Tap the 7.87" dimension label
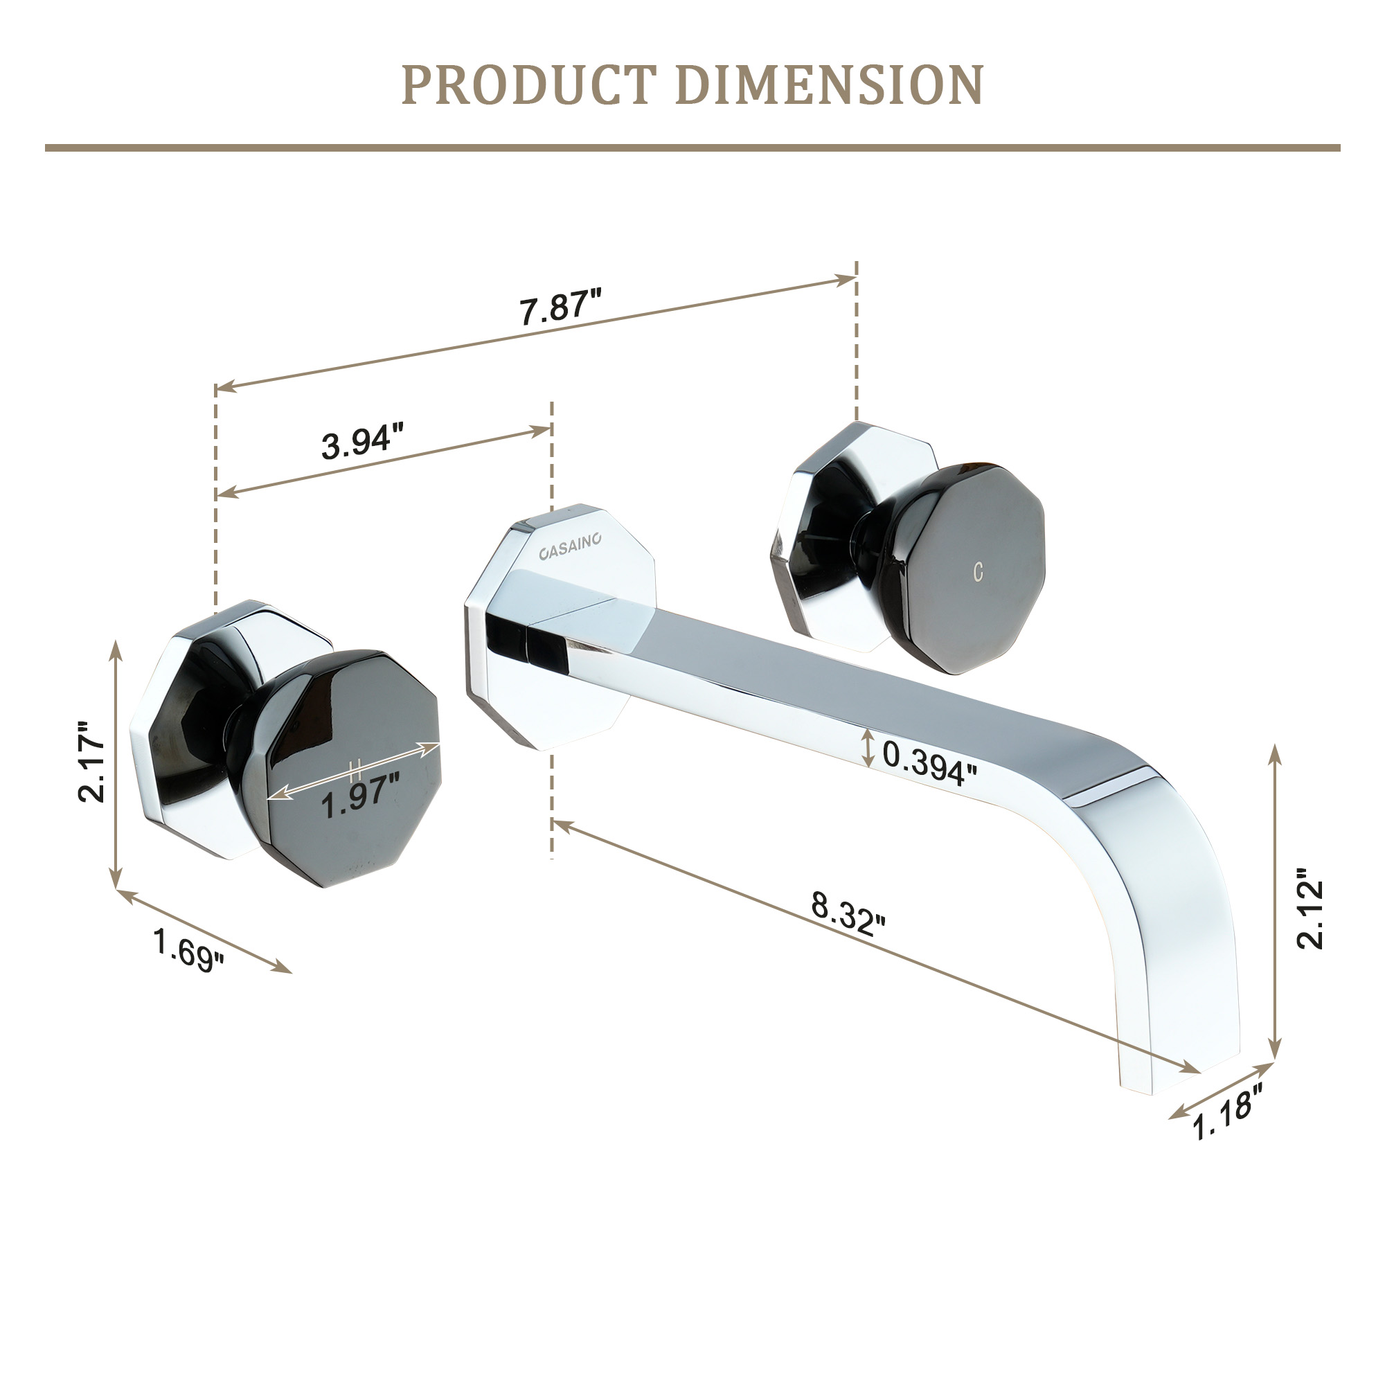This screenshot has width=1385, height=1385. pos(560,307)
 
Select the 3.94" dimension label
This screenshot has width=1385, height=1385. pos(362,440)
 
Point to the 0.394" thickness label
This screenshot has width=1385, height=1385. pos(929,762)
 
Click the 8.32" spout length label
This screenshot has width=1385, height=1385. pos(848,913)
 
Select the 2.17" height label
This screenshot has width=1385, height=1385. pos(93,761)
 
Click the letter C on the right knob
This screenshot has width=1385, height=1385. pos(978,572)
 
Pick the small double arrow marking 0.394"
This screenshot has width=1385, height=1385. pos(869,748)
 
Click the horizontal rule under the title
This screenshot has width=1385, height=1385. pos(692,148)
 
